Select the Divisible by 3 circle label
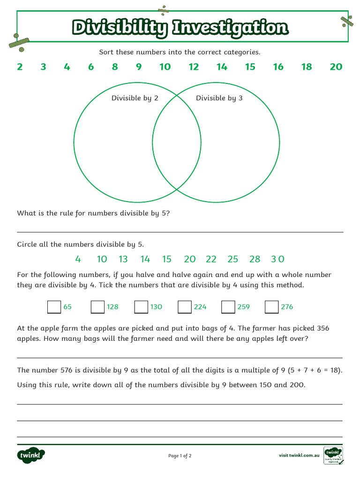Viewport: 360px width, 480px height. [x=219, y=98]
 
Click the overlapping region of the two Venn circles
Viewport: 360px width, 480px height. [x=177, y=143]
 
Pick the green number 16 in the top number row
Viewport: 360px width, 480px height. [x=278, y=67]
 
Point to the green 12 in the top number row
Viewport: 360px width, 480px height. [x=194, y=67]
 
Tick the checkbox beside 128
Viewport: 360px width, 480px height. [x=97, y=307]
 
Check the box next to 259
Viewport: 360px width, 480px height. [x=228, y=307]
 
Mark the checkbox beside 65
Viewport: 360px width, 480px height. [x=54, y=307]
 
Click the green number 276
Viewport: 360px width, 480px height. [x=287, y=307]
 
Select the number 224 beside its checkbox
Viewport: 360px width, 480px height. [x=200, y=307]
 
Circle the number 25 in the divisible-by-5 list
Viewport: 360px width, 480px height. [x=232, y=259]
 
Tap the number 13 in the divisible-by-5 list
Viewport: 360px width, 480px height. [x=123, y=259]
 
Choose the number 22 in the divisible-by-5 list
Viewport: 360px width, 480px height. [x=211, y=259]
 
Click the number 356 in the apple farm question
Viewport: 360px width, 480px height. [x=323, y=328]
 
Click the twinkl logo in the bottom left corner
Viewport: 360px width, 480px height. [x=31, y=455]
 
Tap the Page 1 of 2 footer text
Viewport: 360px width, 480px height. [x=180, y=456]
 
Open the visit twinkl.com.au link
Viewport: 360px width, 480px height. [x=299, y=455]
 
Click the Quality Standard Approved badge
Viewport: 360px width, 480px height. [x=333, y=455]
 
